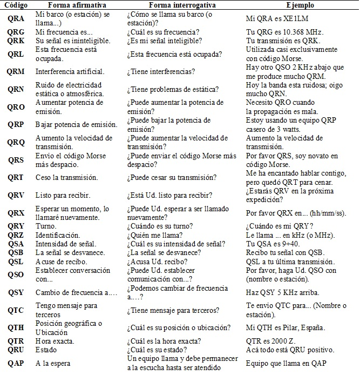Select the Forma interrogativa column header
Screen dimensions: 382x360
(x=169, y=5)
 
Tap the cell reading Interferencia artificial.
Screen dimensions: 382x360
(x=70, y=71)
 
